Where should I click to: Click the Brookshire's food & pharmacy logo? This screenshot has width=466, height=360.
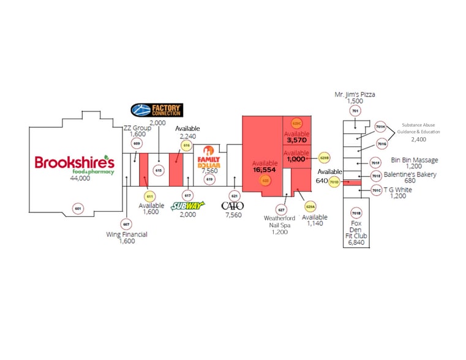[x=74, y=163]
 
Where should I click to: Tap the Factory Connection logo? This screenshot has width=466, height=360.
[x=157, y=110]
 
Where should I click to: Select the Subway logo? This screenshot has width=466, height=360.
[x=188, y=205]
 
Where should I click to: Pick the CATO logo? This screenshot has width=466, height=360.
[x=233, y=206]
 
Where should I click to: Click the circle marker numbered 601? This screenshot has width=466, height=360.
[x=78, y=209]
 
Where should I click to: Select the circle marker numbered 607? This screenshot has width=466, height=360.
[x=126, y=223]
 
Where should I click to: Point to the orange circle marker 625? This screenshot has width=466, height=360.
[x=266, y=181]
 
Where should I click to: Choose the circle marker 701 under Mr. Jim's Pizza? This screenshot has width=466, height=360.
[x=355, y=111]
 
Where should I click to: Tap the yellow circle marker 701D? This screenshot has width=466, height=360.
[x=334, y=182]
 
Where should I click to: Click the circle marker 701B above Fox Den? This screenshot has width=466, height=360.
[x=356, y=213]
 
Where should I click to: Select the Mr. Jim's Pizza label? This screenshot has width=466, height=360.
[x=355, y=94]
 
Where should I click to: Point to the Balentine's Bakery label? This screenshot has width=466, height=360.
[x=410, y=174]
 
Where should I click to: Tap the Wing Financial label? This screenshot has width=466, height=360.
[x=126, y=234]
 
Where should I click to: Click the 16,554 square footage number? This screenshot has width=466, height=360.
[x=266, y=170]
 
